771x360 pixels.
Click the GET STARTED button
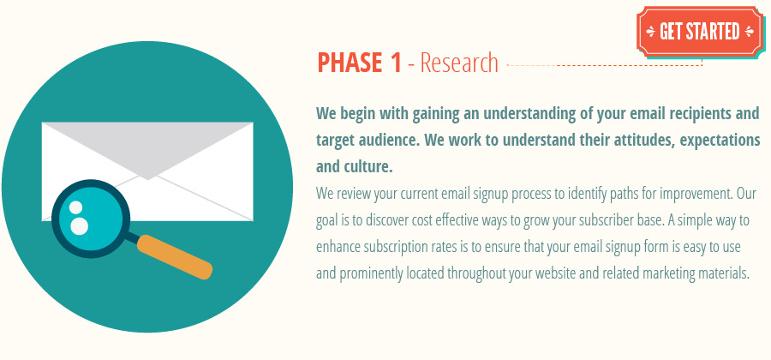point(699,32)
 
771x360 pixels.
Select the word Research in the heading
point(459,63)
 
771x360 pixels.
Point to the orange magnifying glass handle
point(175,256)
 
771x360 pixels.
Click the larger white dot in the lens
point(79,226)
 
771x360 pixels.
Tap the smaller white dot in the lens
point(75,207)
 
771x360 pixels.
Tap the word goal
point(331,220)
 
